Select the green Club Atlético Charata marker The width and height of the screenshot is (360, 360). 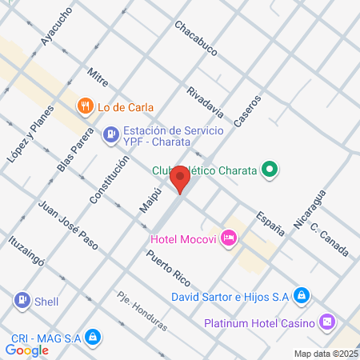[271, 170]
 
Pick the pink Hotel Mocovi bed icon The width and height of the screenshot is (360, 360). [229, 238]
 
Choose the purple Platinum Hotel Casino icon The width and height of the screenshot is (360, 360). [327, 322]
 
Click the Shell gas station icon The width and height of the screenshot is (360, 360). [22, 300]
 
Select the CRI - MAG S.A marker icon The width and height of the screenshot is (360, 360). [93, 338]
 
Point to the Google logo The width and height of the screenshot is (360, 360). [26, 350]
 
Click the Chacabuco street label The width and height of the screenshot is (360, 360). [196, 38]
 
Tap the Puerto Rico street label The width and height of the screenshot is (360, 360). [168, 268]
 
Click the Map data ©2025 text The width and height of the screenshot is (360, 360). [325, 354]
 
